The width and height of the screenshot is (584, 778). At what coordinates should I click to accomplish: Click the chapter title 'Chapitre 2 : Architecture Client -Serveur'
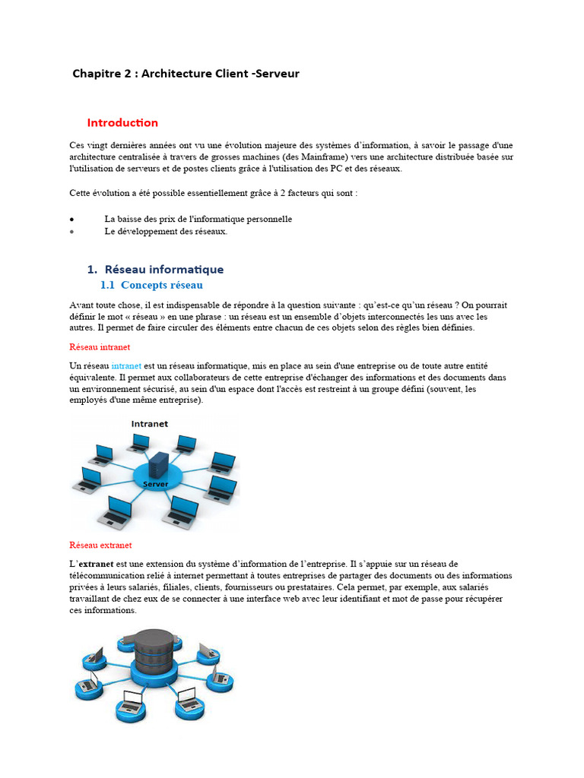click(186, 74)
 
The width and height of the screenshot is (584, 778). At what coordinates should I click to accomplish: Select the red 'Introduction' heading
click(122, 122)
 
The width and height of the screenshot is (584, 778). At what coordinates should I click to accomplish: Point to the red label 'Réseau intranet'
click(100, 346)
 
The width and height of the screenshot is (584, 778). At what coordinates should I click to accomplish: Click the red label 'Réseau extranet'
click(100, 545)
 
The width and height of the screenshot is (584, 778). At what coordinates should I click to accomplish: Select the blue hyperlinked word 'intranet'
click(126, 365)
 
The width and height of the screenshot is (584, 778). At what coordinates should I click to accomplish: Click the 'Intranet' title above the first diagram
click(150, 424)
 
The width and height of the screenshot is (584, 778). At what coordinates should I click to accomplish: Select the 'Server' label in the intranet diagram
click(156, 484)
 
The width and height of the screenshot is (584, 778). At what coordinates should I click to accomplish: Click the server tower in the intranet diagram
click(158, 463)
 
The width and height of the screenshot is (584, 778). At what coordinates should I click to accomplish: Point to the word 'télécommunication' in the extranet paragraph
click(105, 576)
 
